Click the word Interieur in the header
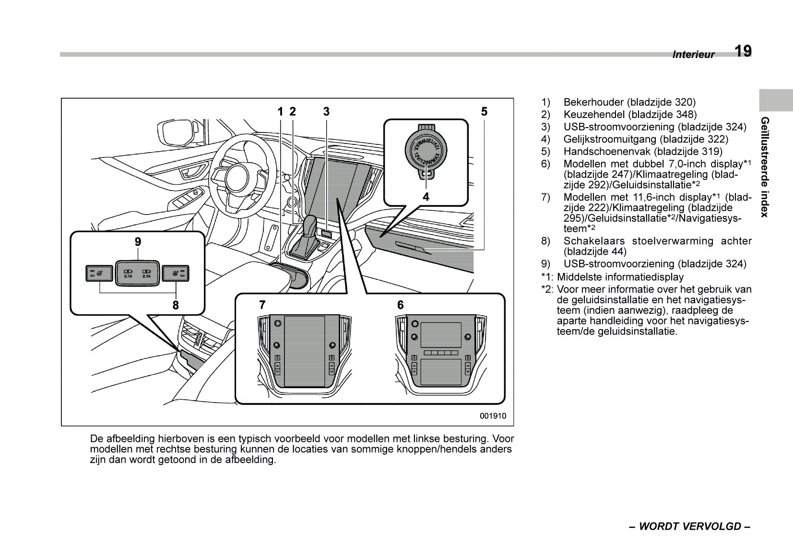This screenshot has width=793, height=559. (693, 55)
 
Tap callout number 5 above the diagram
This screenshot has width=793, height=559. (484, 112)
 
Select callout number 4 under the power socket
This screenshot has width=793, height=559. (426, 197)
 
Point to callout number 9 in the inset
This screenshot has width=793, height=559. (138, 242)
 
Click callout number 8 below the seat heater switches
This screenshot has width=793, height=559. (176, 305)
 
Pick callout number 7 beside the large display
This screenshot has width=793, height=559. (262, 305)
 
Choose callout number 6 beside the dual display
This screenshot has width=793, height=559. (400, 305)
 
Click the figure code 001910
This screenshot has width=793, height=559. (493, 416)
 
